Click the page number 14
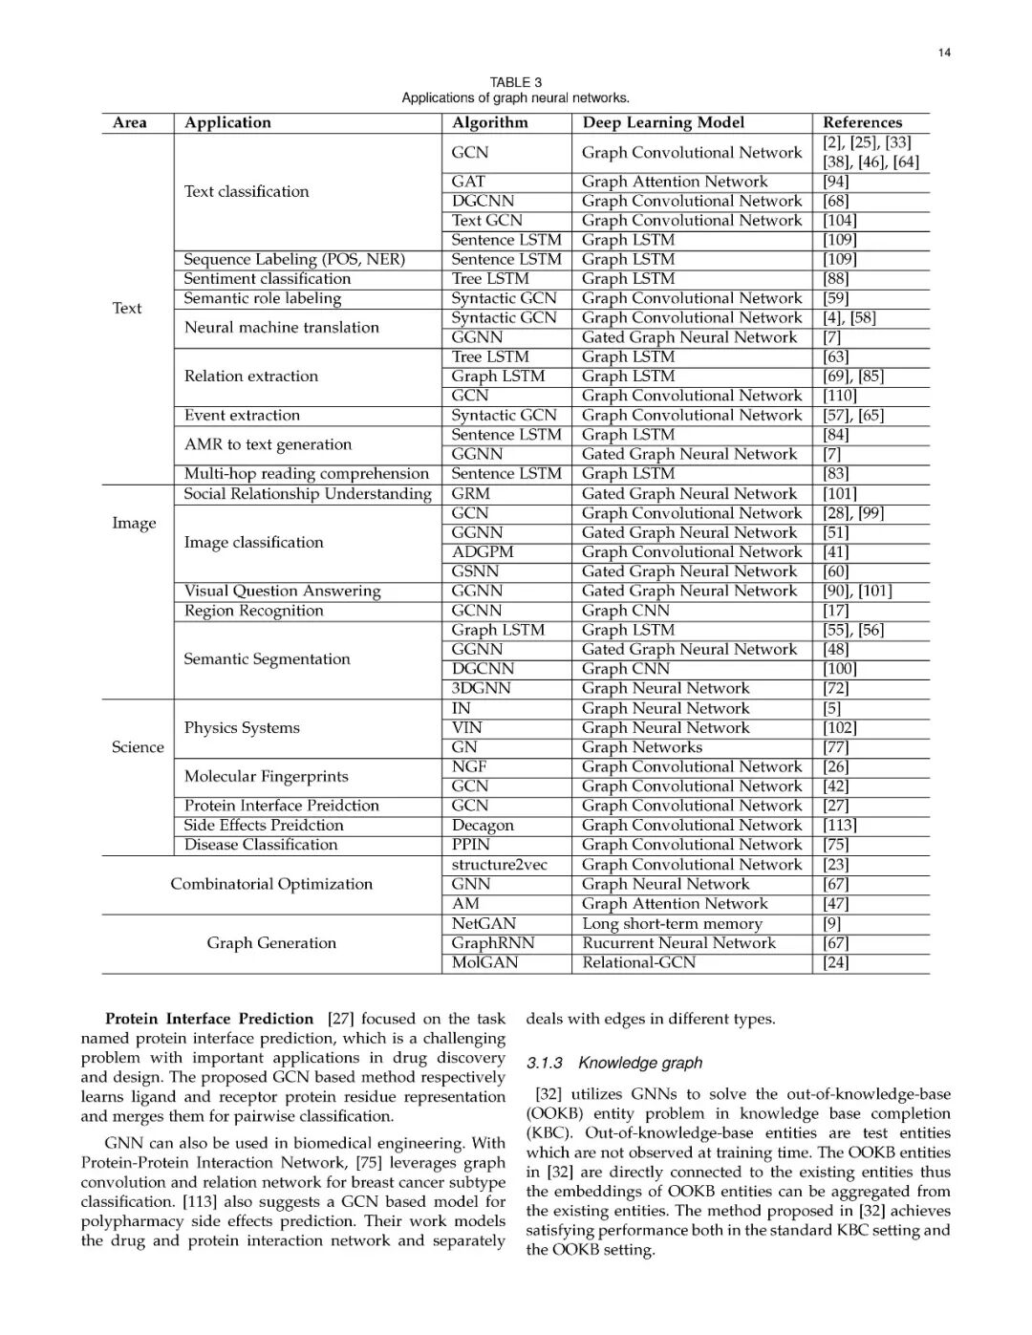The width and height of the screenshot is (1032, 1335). pos(944,53)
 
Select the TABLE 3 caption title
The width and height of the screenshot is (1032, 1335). pos(515,82)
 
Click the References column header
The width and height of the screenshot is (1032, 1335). pos(862,122)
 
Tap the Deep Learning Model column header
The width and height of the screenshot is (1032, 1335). pos(663,122)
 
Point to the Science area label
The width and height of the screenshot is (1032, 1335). pos(138,747)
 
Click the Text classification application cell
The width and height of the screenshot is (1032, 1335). pos(247,191)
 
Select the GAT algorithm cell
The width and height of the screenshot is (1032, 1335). pos(468,182)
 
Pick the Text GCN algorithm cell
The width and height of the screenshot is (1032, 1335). pos(486,220)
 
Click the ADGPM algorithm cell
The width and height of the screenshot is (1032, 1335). pos(483,552)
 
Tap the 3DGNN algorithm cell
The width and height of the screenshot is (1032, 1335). pos(481,688)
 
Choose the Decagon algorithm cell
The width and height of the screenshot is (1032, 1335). pos(483,826)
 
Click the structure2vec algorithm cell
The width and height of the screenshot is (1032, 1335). pos(500,865)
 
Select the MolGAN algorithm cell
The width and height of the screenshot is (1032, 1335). pos(484,962)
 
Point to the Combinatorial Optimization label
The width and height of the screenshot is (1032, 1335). pos(271,884)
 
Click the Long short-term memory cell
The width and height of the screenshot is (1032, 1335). pos(672,924)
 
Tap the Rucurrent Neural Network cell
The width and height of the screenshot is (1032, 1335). pos(678,943)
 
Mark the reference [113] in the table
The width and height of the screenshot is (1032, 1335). pos(840,826)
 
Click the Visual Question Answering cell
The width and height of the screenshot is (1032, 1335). pos(282,592)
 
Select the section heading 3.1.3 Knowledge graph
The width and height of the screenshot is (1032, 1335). pos(613,1063)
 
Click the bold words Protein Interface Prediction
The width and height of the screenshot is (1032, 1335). pos(209,1019)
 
